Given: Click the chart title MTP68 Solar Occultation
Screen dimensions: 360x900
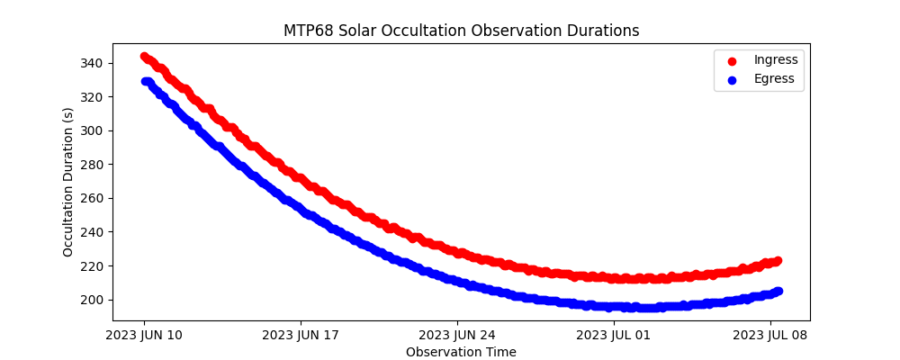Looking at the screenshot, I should (461, 31).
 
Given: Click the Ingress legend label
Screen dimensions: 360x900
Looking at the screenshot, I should (776, 60).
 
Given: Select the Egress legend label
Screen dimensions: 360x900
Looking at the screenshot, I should (774, 79).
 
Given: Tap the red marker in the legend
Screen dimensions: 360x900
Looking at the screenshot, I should (732, 61).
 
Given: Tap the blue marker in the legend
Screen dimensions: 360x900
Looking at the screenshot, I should (732, 80).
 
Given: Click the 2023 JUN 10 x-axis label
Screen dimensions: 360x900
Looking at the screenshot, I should (144, 336).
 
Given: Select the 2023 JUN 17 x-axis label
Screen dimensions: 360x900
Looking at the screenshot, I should (301, 336).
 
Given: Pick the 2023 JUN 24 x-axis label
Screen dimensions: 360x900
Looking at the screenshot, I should (457, 336).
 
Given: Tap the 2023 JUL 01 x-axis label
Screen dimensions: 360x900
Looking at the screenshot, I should (614, 336).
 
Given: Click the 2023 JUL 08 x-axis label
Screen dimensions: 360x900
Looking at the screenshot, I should (770, 336).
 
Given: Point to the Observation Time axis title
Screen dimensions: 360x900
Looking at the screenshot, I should (461, 352).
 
